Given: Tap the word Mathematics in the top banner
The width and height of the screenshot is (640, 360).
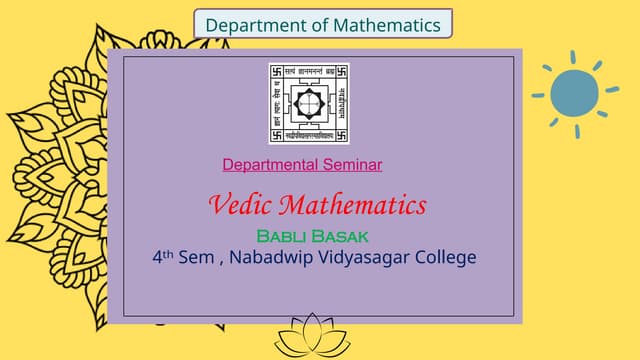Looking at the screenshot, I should click(x=384, y=24).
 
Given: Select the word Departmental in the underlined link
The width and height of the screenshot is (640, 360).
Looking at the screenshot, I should click(x=268, y=164).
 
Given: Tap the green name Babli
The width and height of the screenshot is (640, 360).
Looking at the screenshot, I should click(x=284, y=237).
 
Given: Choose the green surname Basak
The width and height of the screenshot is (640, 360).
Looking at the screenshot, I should click(x=342, y=237).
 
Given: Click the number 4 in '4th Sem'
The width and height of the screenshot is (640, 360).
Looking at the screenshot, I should click(x=157, y=257).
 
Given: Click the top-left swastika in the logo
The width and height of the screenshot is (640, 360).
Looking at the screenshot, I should click(x=276, y=72).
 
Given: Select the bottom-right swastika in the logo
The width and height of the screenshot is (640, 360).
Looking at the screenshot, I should click(x=341, y=134).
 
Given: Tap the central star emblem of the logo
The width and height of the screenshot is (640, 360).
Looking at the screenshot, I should click(x=309, y=101).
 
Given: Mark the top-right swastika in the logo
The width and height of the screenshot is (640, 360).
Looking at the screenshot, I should click(x=341, y=72).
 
